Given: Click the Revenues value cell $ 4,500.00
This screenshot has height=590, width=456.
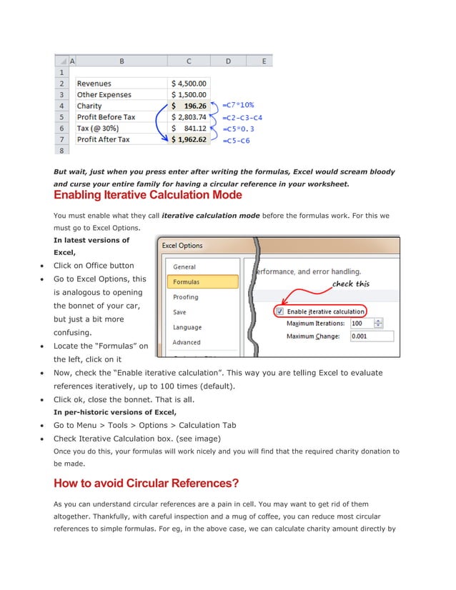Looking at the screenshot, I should point(189,84).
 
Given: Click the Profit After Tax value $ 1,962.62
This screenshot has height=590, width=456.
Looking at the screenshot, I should point(189,139).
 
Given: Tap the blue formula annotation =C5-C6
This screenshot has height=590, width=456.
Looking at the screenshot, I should point(237,141).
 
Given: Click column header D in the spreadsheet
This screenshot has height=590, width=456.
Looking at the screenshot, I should point(228,61).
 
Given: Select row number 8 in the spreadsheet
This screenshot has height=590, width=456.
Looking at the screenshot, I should point(61,151).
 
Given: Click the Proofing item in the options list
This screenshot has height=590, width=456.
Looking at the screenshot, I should point(186,297).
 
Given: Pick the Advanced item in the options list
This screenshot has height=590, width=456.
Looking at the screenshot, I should point(187,343).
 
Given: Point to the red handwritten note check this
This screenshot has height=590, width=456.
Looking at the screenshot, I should point(351,284).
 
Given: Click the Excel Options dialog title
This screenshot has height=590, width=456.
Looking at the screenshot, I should point(182,246).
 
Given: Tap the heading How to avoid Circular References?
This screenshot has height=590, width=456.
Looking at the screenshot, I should point(146,484).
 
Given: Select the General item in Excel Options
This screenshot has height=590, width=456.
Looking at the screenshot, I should point(185,267).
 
